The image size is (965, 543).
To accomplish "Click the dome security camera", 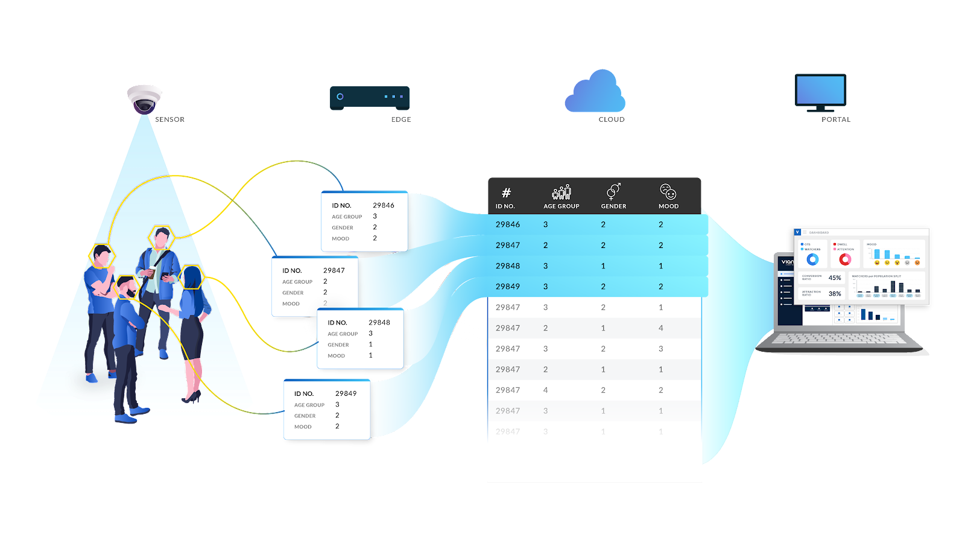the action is (x=144, y=98).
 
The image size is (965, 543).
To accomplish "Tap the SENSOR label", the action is (x=169, y=119).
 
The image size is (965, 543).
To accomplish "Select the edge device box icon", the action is (x=370, y=97).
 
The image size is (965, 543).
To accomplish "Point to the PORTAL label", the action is (x=836, y=119).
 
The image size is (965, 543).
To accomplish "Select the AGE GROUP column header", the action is (x=561, y=206).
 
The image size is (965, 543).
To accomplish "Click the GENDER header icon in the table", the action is (x=613, y=192).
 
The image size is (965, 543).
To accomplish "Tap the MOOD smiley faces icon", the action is (x=668, y=192).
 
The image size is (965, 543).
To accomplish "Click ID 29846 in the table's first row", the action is (x=508, y=224).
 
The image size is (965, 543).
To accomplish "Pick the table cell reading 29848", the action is (x=508, y=266).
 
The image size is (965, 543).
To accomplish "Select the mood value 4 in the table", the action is (x=661, y=328).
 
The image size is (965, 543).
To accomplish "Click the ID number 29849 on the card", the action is (x=346, y=393).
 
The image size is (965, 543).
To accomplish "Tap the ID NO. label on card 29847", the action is (x=292, y=271).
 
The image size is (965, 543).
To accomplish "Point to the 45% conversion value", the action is (x=835, y=278).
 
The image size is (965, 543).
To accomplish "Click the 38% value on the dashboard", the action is (x=835, y=294).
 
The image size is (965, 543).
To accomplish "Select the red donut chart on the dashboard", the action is (x=845, y=259).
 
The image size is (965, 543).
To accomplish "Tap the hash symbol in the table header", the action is (x=506, y=193).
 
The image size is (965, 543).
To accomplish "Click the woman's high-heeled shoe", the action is (x=192, y=397).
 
